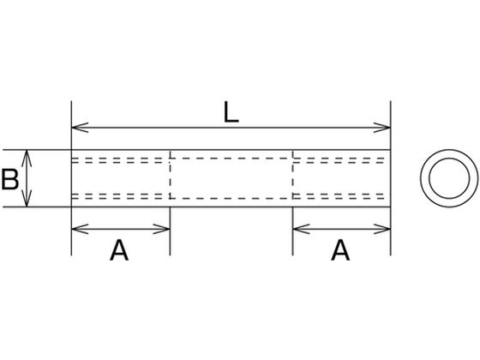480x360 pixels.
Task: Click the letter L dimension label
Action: click(231, 112)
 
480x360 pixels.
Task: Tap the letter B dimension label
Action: click(9, 179)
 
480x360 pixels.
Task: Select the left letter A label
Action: click(119, 250)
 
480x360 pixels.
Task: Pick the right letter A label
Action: click(340, 250)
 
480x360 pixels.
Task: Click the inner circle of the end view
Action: click(429, 178)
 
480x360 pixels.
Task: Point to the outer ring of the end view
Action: click(421, 178)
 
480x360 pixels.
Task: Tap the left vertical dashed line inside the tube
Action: click(171, 175)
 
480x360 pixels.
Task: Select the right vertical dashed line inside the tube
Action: click(293, 175)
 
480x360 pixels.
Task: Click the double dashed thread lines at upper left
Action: click(120, 160)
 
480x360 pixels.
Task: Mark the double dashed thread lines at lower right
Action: click(339, 196)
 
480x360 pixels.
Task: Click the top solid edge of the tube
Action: click(231, 150)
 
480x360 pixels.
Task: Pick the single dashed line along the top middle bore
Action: click(231, 159)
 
